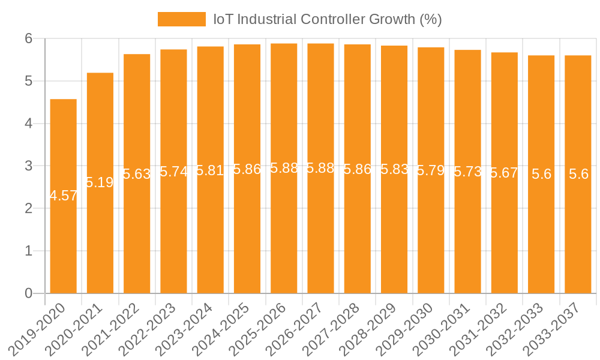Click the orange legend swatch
click(x=181, y=19)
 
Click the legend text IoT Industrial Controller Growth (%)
click(x=328, y=19)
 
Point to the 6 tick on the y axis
click(x=28, y=38)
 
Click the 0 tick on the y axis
click(x=28, y=293)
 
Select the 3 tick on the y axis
click(x=28, y=166)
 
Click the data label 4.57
click(x=63, y=196)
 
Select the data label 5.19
click(x=100, y=182)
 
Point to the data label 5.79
click(x=431, y=170)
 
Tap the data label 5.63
click(x=137, y=174)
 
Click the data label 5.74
click(x=173, y=172)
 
